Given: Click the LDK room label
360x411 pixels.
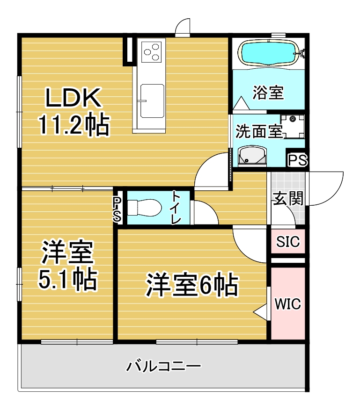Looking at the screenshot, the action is point(73,98).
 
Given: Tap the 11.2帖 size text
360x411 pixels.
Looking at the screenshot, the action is point(74,124).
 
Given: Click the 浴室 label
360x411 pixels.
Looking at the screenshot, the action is point(268,92).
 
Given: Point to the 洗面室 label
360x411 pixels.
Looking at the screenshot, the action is point(259,131).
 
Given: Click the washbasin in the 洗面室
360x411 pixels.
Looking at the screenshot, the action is point(252,156).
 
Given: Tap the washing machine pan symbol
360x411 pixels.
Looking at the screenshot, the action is point(293,127).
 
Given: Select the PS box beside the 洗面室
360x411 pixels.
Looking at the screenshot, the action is point(298,159).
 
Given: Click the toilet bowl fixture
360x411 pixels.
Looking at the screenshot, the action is point(144,208).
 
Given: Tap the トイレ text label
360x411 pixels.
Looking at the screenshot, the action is point(176,208).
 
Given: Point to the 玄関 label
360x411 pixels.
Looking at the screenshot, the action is point(288,198).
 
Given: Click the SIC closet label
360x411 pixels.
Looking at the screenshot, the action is point(288,241).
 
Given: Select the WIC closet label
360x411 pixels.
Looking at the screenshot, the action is point(288,304).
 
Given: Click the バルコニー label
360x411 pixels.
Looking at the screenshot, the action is point(164,366).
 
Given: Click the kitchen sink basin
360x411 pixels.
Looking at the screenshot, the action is point(152,101).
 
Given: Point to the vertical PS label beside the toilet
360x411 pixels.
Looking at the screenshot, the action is point(118,209).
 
